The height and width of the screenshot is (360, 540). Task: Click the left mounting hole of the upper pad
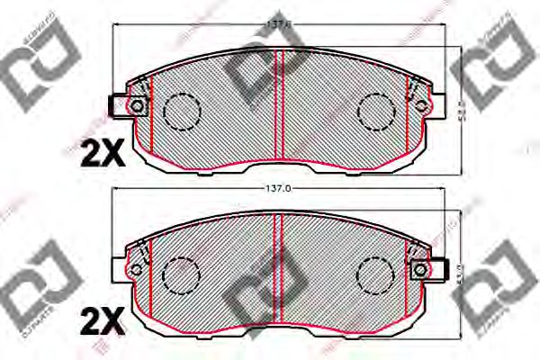(x=136, y=107)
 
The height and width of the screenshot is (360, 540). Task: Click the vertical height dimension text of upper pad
(x=460, y=107)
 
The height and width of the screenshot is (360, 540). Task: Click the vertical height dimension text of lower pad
(x=460, y=270)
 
